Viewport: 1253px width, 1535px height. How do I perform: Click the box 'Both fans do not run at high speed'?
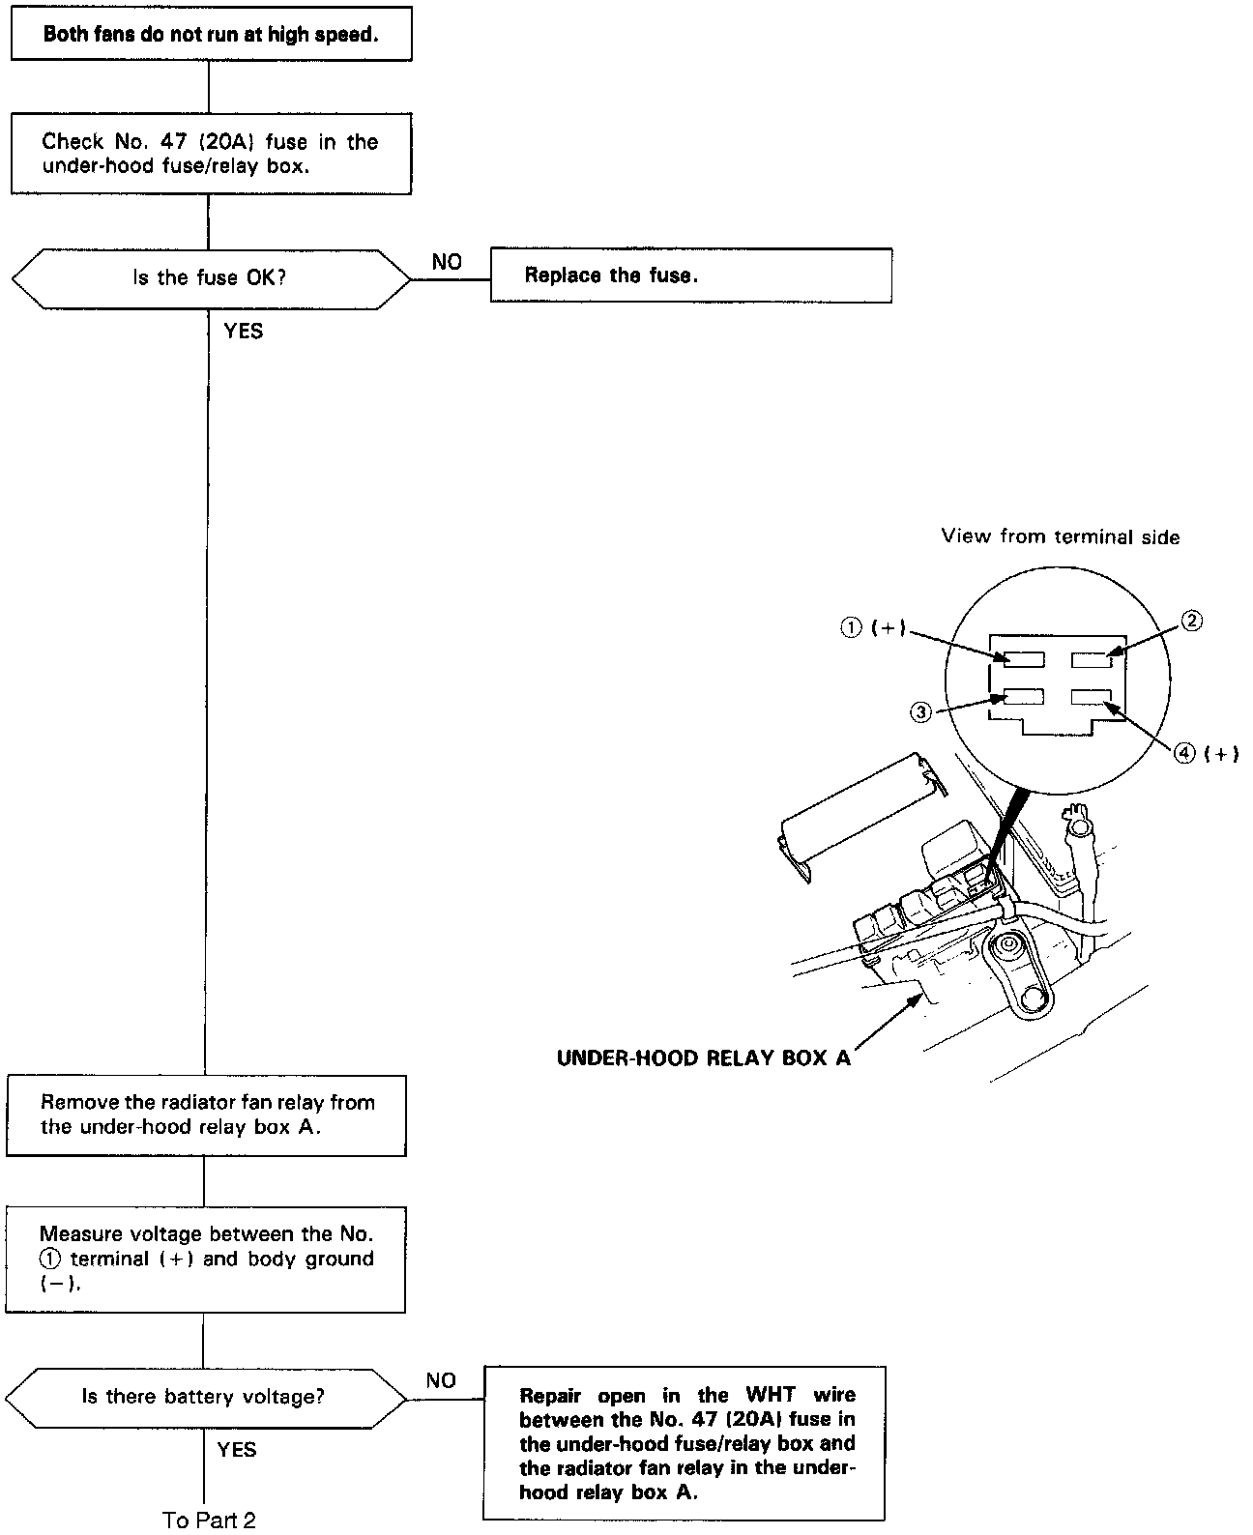coord(211,35)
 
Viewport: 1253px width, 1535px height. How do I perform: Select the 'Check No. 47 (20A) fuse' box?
coord(211,153)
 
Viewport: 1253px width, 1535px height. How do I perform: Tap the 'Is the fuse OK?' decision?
coord(210,278)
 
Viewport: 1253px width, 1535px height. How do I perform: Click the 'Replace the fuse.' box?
coord(690,275)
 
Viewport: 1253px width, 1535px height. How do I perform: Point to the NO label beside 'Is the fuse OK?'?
coord(447,262)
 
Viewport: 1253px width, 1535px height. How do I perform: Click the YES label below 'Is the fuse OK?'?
coord(243,332)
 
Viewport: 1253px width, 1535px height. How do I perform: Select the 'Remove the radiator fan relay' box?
coord(206,1115)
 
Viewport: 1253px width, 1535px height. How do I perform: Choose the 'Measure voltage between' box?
coord(205,1259)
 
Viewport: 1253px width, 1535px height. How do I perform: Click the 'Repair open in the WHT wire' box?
coord(685,1442)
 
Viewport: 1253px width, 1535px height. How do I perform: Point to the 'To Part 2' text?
coord(209,1520)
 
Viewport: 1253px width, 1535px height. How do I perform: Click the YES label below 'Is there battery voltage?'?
coord(237,1449)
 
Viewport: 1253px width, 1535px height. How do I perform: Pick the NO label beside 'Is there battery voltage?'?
coord(441,1380)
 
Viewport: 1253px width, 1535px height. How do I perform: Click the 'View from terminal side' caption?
coord(1061,536)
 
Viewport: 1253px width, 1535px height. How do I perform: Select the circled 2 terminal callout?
coord(1193,621)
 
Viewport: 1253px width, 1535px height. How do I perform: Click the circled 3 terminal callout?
coord(920,712)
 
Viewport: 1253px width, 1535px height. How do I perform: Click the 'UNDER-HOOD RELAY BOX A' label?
coord(704,1057)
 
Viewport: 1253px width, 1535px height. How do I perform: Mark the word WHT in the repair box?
coord(771,1395)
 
